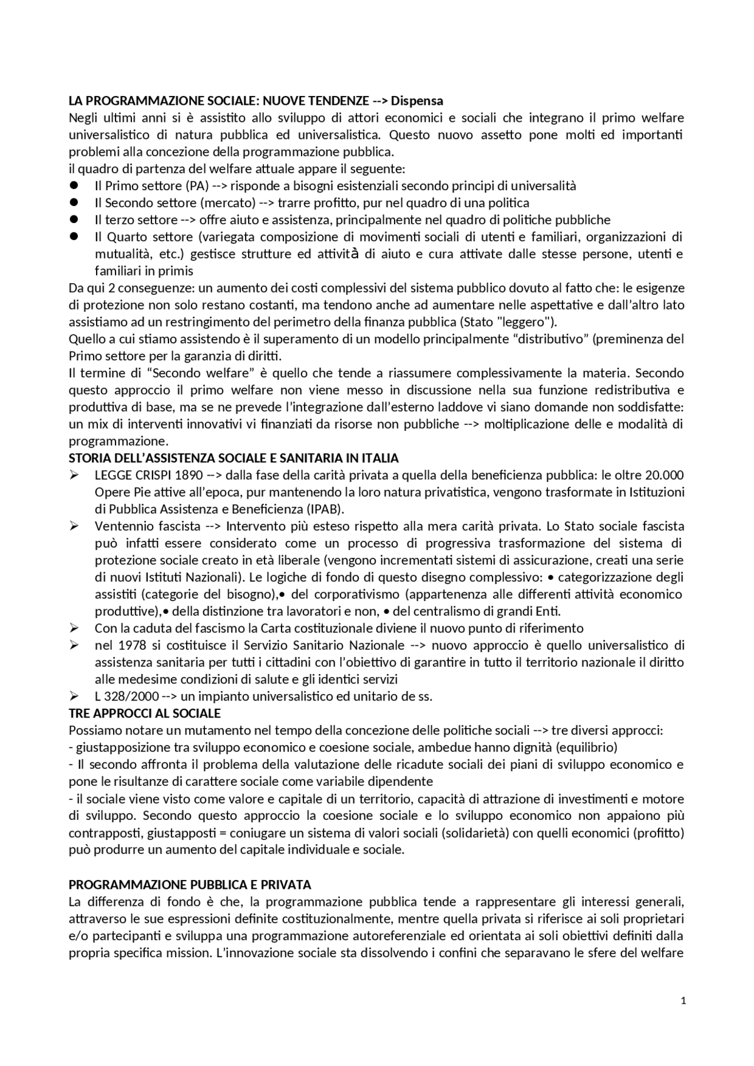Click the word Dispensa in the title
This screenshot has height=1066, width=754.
pyautogui.click(x=417, y=101)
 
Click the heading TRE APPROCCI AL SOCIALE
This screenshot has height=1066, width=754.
pyautogui.click(x=144, y=713)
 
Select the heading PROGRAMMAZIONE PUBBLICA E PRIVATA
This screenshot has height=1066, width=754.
pyautogui.click(x=190, y=885)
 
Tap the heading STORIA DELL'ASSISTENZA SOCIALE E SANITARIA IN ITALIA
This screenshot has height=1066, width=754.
pyautogui.click(x=233, y=458)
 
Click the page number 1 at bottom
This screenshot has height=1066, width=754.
pyautogui.click(x=683, y=1000)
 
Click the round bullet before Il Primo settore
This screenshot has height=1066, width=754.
pyautogui.click(x=74, y=185)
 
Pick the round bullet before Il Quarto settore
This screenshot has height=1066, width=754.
pyautogui.click(x=74, y=237)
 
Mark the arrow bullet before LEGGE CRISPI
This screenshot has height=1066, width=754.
pyautogui.click(x=74, y=475)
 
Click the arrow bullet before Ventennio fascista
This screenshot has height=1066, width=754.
pyautogui.click(x=74, y=526)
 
